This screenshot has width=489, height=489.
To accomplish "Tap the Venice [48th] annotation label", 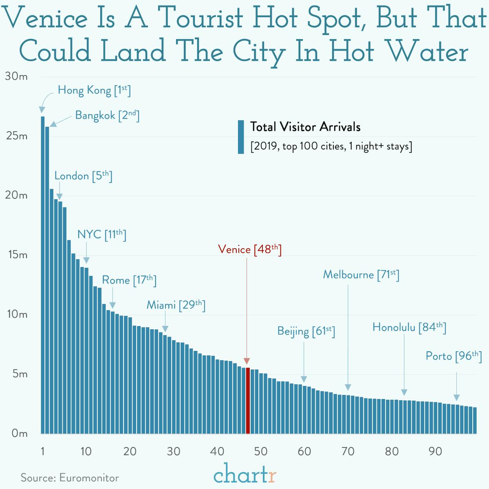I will (249, 249).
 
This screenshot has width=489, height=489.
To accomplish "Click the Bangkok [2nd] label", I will (107, 115).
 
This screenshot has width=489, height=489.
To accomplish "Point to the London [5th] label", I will (83, 176).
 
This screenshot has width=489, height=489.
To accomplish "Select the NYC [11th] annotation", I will (101, 235).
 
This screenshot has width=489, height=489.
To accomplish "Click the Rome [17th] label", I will (129, 280).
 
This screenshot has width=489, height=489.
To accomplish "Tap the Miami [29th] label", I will (176, 305).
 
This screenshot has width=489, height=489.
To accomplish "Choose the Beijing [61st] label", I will (306, 331).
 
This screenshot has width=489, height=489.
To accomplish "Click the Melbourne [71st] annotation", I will (361, 275).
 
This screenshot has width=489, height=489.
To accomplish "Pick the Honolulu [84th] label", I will (409, 327).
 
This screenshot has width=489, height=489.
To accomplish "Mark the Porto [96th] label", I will (454, 356).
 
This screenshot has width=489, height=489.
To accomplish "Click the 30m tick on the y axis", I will (17, 77).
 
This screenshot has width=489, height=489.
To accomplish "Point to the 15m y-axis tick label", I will (17, 255).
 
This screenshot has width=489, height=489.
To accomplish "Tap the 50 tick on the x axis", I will (260, 451).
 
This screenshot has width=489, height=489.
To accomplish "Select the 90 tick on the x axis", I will (435, 451).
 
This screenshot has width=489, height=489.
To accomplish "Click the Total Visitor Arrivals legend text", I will (305, 127).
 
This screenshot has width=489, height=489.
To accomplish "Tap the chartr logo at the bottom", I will (245, 474).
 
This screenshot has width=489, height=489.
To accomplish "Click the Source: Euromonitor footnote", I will (70, 478).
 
